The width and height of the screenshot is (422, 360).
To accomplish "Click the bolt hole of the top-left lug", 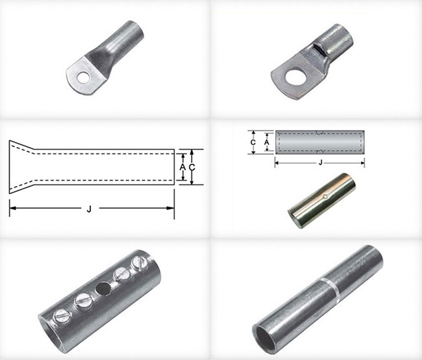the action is [83, 77].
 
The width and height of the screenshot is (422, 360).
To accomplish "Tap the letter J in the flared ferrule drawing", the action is [89, 209].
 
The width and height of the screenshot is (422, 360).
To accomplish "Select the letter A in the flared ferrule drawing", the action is [182, 167].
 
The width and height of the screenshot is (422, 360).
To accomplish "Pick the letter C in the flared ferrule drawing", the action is [192, 168].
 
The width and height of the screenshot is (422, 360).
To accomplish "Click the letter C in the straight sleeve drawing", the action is [253, 142].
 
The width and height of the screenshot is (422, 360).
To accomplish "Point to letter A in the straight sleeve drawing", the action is [266, 142].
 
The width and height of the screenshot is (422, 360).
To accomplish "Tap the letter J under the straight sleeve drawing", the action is [320, 162].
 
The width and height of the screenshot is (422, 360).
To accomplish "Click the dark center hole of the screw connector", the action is [103, 289].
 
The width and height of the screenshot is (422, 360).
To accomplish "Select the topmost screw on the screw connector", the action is [140, 263].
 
